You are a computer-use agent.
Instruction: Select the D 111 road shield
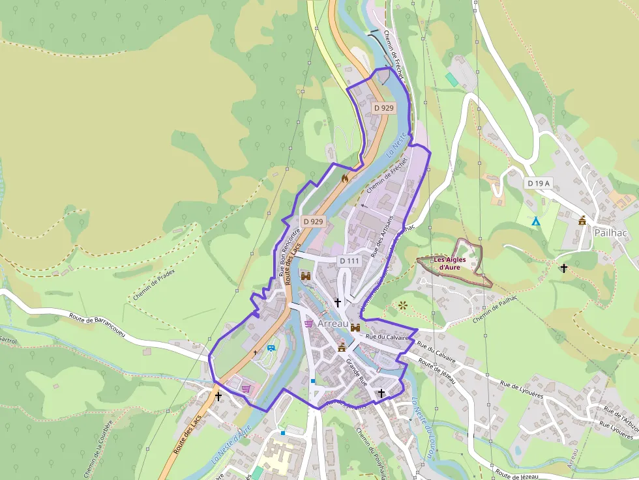pyautogui.click(x=349, y=261)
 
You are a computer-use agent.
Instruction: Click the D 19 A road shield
pyautogui.click(x=539, y=184)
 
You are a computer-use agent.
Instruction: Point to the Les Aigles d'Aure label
pyautogui.click(x=452, y=263)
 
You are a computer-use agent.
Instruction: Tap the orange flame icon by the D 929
pyautogui.click(x=345, y=177)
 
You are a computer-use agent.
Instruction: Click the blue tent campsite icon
pyautogui.click(x=535, y=221)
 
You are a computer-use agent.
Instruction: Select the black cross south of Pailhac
pyautogui.click(x=563, y=268)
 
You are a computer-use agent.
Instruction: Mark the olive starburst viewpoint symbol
pyautogui.click(x=402, y=305)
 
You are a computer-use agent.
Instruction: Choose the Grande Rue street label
pyautogui.click(x=358, y=371)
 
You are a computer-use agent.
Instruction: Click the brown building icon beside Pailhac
pyautogui.click(x=582, y=220)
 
